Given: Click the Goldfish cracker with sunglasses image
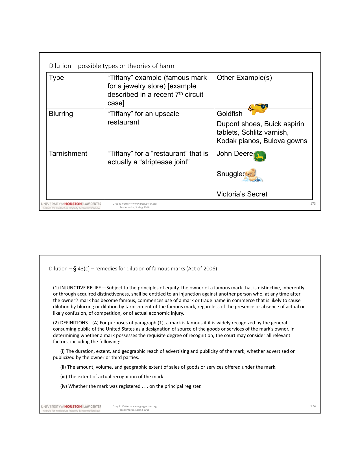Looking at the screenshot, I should coord(258,109).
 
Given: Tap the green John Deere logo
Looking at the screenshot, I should coord(260,156).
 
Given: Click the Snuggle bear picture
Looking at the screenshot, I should coord(253,175).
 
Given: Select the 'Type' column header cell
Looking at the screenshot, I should coord(56,78).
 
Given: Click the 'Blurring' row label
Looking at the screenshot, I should coord(61,114).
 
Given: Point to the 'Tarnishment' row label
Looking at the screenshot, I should coord(68,154).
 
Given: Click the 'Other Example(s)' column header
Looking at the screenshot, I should coord(244,78).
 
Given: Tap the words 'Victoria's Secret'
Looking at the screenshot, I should coord(242,194).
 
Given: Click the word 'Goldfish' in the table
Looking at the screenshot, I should coord(230,114).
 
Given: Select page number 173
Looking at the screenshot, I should coord(313,204).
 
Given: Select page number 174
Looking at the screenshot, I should coord(313,406).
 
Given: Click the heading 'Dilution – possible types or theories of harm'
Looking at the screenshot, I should coord(112,66).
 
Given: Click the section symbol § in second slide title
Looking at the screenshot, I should coord(75,269).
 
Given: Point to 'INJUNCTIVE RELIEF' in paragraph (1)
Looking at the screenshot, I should coord(80,288).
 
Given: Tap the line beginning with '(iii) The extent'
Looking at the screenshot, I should coord(112,377).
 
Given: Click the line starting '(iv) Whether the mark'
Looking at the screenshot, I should coord(130,386).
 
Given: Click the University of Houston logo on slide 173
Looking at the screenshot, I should coord(71,205).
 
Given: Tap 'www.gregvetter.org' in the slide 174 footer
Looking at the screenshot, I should coord(144,406).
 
